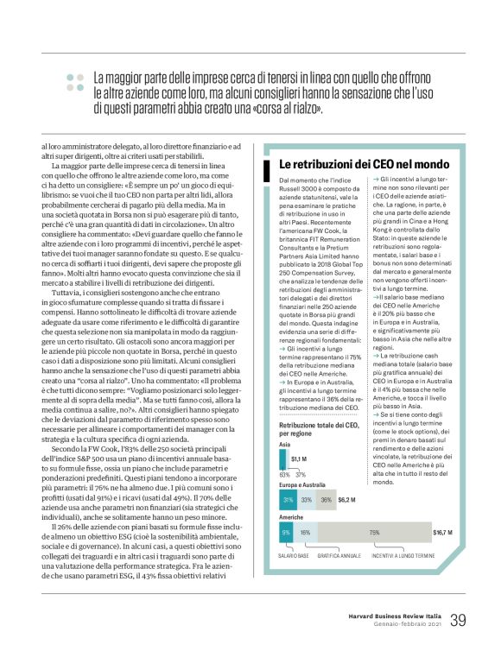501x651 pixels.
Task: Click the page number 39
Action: (x=459, y=620)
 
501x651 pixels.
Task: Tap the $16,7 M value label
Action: (x=444, y=533)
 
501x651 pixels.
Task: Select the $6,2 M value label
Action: (x=346, y=499)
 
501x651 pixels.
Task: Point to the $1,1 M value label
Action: (x=300, y=458)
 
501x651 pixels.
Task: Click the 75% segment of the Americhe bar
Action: (x=374, y=534)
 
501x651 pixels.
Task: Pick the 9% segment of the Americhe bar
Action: (x=285, y=534)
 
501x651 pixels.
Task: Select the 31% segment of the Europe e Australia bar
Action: (x=288, y=499)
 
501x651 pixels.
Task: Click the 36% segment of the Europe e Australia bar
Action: (x=325, y=499)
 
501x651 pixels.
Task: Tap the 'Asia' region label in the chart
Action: (x=284, y=444)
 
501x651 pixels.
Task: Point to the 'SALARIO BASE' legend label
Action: (x=293, y=556)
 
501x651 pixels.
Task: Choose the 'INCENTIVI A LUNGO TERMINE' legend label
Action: (x=403, y=556)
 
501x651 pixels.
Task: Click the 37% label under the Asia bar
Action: (x=301, y=474)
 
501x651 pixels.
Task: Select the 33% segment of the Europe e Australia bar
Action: (x=307, y=499)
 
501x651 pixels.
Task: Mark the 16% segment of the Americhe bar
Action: (x=305, y=534)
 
